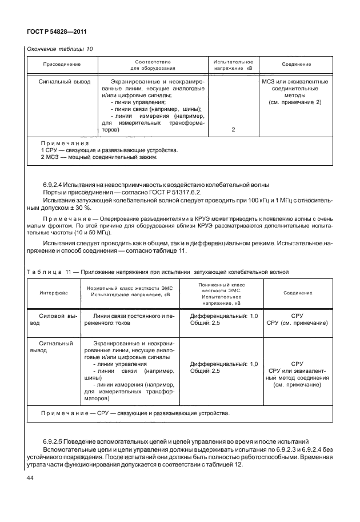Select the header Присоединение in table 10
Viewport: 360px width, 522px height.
point(62,65)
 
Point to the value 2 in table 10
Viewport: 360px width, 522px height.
point(234,130)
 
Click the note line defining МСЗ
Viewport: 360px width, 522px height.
point(97,157)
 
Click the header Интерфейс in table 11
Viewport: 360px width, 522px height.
point(54,292)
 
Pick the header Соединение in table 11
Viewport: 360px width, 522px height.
point(298,292)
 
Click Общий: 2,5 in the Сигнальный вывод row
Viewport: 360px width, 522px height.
point(205,371)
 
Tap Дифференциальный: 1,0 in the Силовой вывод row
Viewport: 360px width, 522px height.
point(224,316)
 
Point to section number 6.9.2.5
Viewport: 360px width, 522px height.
point(55,441)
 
